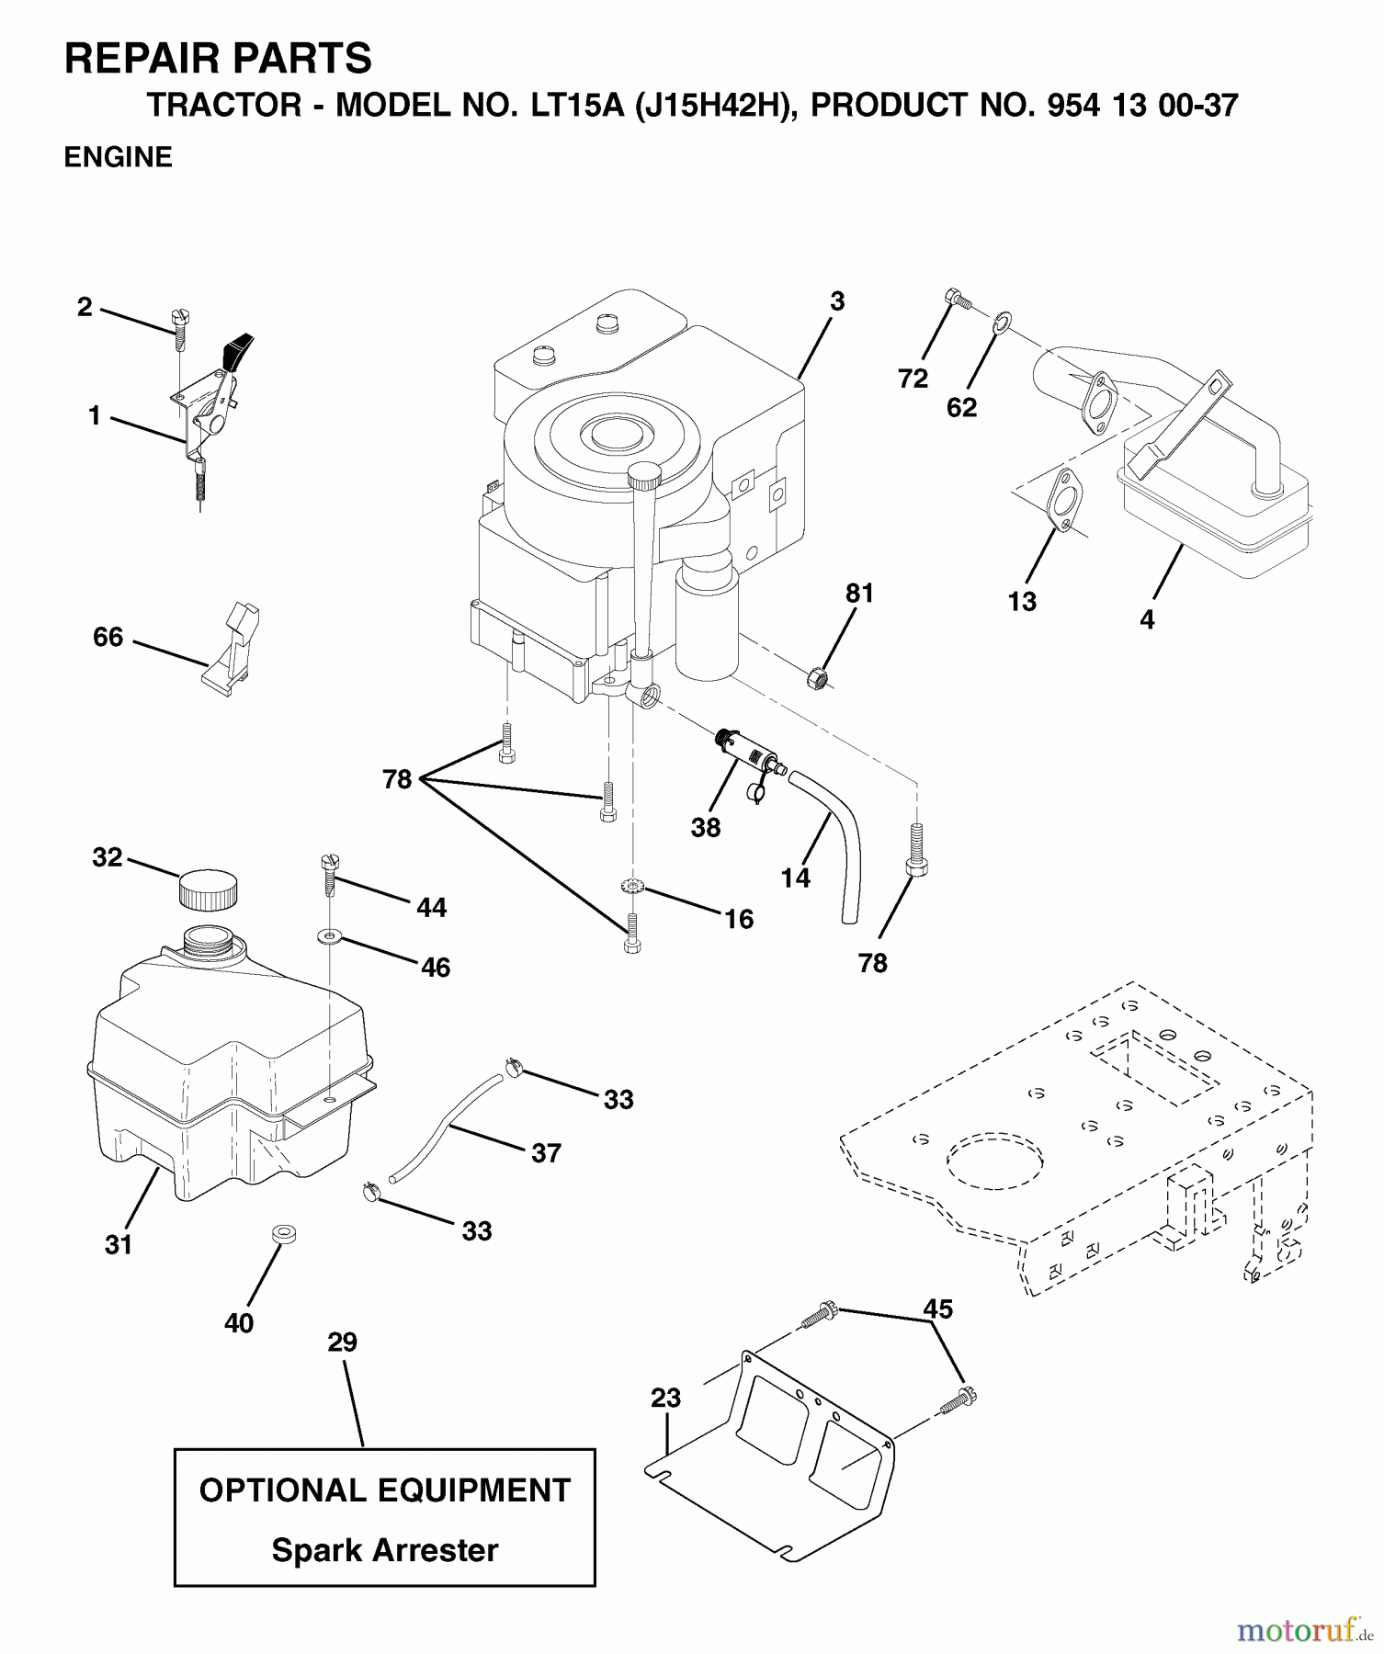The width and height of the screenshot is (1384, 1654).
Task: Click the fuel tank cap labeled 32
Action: pyautogui.click(x=208, y=889)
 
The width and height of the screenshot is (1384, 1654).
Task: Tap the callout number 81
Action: pyautogui.click(x=859, y=594)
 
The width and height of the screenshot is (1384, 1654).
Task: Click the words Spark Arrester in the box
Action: pyautogui.click(x=385, y=1550)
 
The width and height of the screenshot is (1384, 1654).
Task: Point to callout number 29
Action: pyautogui.click(x=342, y=1342)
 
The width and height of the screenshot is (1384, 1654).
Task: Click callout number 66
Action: pyautogui.click(x=108, y=637)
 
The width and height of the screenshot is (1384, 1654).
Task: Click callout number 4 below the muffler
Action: pyautogui.click(x=1146, y=620)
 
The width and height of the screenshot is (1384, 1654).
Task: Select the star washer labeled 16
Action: pyautogui.click(x=632, y=887)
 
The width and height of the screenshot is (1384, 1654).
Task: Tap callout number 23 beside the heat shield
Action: pyautogui.click(x=665, y=1399)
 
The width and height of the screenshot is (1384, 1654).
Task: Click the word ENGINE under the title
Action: pyautogui.click(x=118, y=157)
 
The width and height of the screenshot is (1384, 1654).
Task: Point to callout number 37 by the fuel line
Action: pyautogui.click(x=546, y=1153)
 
